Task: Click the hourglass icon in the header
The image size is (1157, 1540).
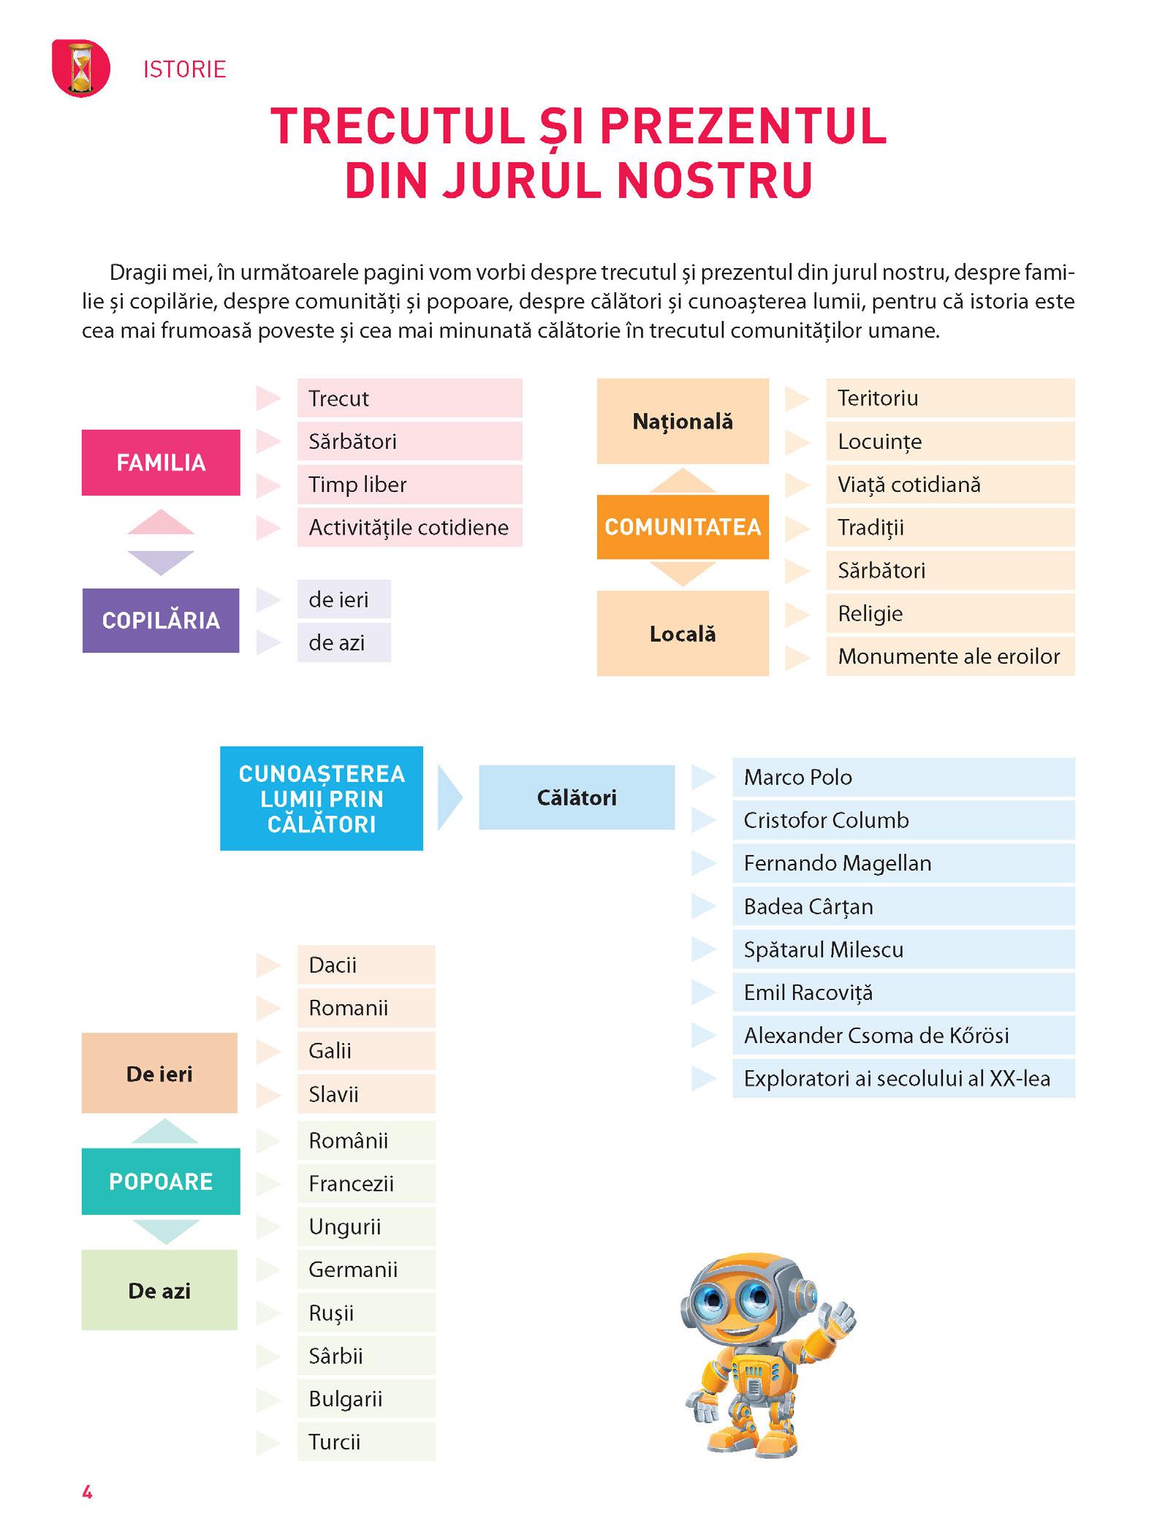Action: pos(81,69)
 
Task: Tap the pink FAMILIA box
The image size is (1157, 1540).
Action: pos(161,463)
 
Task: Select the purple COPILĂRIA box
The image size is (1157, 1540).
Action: pos(161,621)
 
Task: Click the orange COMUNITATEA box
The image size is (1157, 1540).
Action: pos(683,527)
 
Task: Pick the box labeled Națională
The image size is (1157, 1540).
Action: pos(683,421)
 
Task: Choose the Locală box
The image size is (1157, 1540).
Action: pos(683,634)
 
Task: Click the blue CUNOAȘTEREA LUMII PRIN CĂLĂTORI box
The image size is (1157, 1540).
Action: pos(322,798)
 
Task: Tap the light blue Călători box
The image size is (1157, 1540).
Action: pos(577,797)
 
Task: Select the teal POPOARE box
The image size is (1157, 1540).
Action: pos(161,1182)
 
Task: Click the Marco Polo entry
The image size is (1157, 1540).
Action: pos(903,777)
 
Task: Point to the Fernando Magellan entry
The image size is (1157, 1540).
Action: pos(903,863)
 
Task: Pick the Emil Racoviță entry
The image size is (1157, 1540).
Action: pos(903,993)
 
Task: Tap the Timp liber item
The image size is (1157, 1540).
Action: pos(409,485)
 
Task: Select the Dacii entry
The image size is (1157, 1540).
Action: pos(366,965)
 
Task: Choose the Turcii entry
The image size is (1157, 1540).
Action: pos(366,1442)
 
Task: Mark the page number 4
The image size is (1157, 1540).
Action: pos(87,1492)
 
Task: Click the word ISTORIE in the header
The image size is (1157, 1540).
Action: pos(185,69)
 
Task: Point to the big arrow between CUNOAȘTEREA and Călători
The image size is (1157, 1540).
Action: pos(449,797)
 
